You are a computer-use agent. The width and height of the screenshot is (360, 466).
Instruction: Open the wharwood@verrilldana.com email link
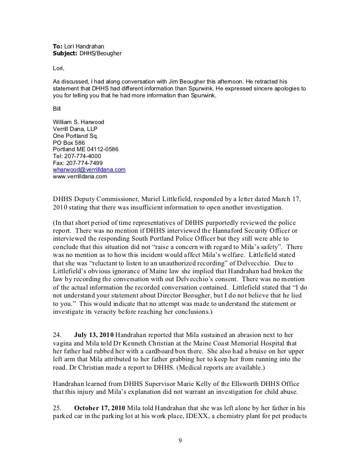pos(89,169)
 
